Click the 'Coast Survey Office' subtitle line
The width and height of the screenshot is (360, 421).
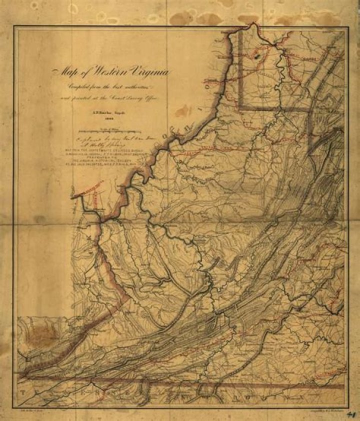(x=110, y=98)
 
